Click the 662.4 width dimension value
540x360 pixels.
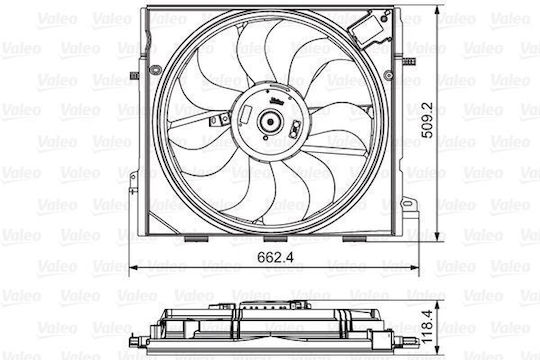[275, 257]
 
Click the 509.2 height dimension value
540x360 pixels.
[427, 120]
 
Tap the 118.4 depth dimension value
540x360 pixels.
[427, 327]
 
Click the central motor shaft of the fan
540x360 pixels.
[270, 122]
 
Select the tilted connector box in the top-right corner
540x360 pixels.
[367, 28]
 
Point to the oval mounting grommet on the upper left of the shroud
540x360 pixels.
[155, 70]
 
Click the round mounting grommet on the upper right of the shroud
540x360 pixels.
[388, 75]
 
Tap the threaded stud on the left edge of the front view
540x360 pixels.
[134, 75]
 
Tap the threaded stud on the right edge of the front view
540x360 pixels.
[409, 61]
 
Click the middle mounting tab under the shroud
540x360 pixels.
[275, 238]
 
